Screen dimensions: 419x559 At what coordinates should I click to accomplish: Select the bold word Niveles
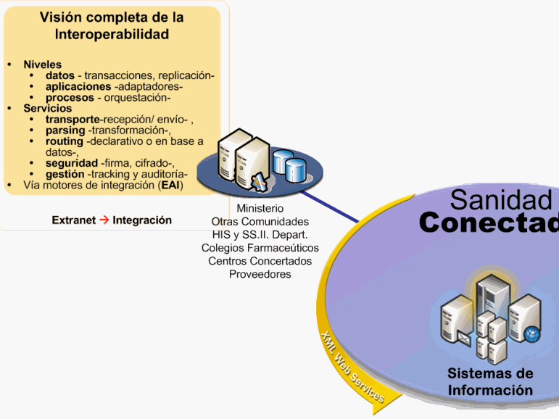pos(43,65)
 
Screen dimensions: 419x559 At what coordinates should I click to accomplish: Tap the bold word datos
pos(60,75)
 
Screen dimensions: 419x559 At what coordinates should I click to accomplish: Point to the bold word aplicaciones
pos(78,86)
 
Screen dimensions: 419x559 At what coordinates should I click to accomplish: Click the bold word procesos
pos(70,97)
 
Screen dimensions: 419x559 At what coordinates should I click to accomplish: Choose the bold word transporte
pos(72,120)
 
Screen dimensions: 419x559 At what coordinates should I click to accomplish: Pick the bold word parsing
pos(65,130)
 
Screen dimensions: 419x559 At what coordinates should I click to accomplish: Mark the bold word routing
pos(64,141)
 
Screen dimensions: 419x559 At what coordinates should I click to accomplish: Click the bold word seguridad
pos(71,163)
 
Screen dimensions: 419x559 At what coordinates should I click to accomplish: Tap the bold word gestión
pos(65,174)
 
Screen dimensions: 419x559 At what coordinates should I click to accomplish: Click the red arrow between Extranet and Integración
pos(104,220)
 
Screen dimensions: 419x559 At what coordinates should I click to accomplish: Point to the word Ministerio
pos(260,209)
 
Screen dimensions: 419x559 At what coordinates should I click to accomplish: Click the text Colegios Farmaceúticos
pos(260,248)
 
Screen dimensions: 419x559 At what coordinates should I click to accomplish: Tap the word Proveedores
pos(260,274)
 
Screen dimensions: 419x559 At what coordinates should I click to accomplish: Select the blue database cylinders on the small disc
pos(289,165)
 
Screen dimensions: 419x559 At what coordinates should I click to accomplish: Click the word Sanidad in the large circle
pos(501,200)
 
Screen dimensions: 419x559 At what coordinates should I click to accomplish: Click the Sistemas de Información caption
pos(489,382)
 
